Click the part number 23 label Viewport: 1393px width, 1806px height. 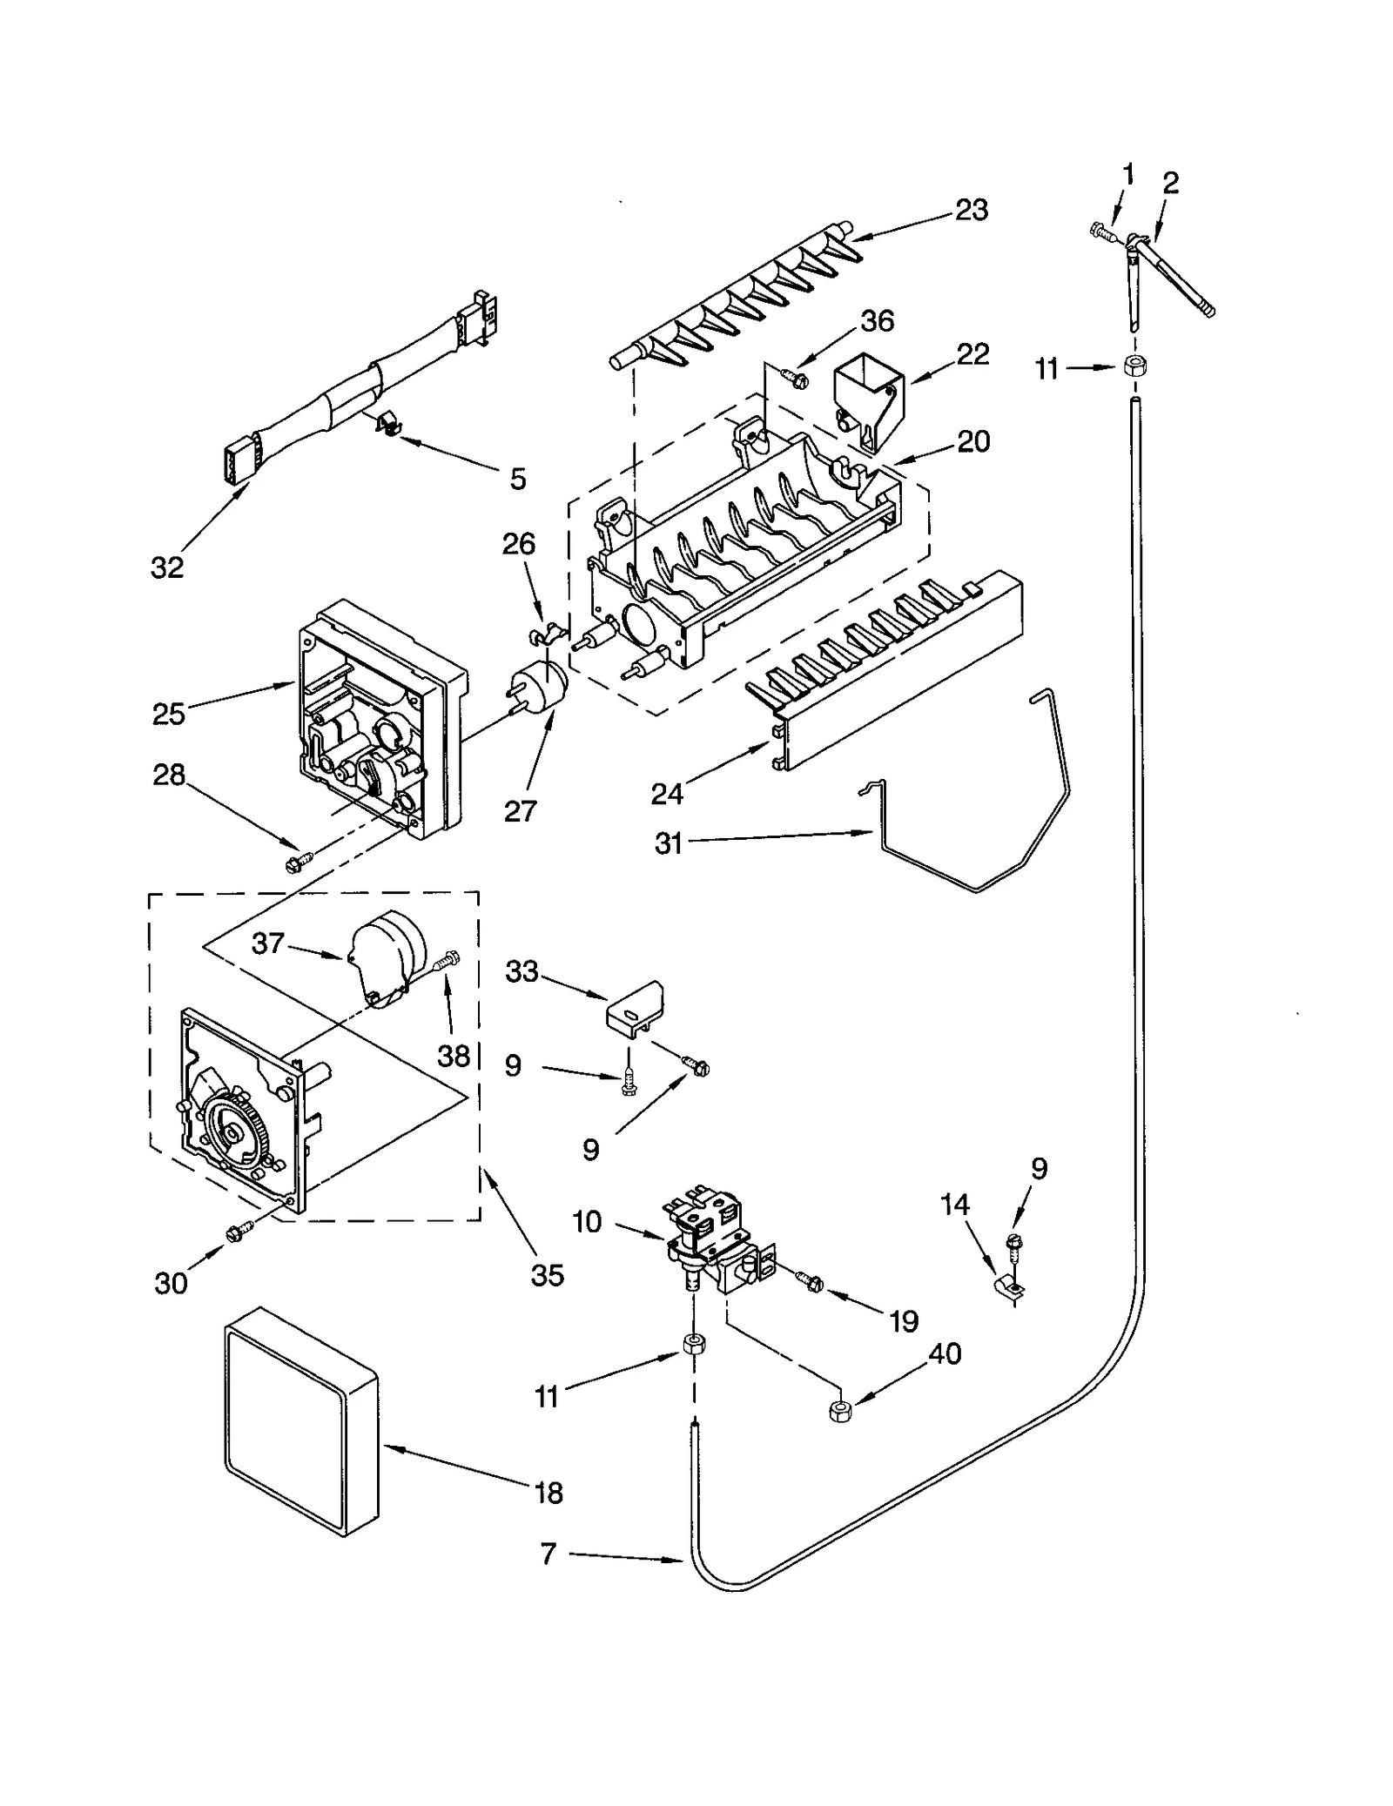pos(971,210)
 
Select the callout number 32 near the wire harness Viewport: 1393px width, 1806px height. pos(167,567)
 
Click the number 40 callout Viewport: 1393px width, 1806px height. pos(945,1353)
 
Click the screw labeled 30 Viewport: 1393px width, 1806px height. pos(237,1232)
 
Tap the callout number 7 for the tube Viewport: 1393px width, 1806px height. pos(548,1554)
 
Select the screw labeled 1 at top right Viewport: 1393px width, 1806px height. pos(1100,231)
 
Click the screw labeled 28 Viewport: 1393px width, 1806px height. pos(293,863)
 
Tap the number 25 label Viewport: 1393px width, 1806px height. pos(169,714)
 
